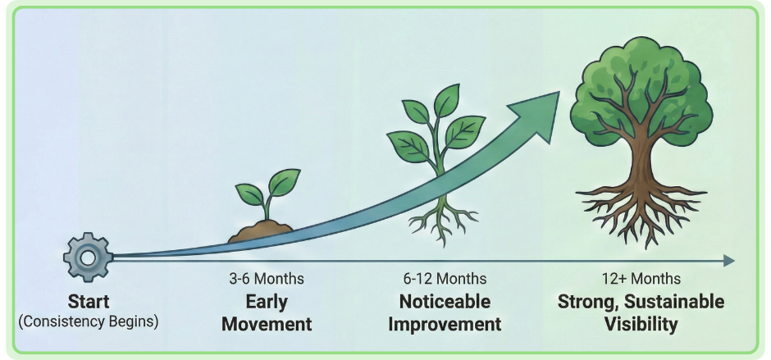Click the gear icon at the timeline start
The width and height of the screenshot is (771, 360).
coord(88,256)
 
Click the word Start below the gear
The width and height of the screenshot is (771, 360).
coord(89,301)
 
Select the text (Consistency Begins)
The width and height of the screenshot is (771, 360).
coord(89,321)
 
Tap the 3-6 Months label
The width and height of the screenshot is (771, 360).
coord(267,280)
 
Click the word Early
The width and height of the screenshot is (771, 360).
coord(267,302)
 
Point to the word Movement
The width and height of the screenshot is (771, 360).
coord(267,324)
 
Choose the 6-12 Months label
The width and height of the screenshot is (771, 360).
coord(444,280)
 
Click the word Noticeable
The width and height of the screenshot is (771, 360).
coord(444,302)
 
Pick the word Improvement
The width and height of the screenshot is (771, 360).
coord(444,324)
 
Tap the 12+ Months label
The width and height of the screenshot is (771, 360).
coord(641,280)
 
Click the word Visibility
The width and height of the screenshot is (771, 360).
coord(641,324)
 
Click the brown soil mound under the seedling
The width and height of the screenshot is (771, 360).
coord(261,232)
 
